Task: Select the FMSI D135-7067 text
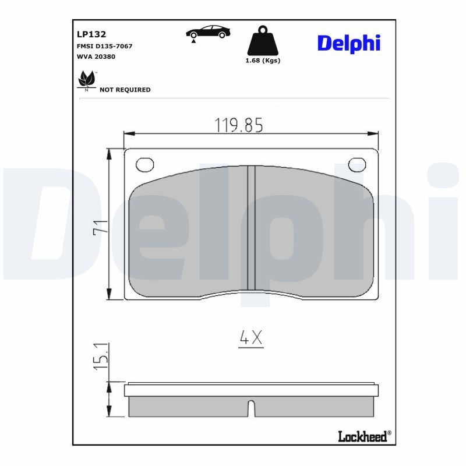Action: point(104,45)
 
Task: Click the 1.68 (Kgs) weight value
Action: point(263,61)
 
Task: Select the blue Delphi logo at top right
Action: point(348,43)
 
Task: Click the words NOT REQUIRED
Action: point(125,90)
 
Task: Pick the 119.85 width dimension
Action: point(239,125)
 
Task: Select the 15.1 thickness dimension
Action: point(100,356)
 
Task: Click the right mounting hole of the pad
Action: point(357,165)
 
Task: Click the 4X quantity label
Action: point(251,337)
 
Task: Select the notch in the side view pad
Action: point(252,409)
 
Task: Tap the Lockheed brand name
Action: point(362,436)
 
